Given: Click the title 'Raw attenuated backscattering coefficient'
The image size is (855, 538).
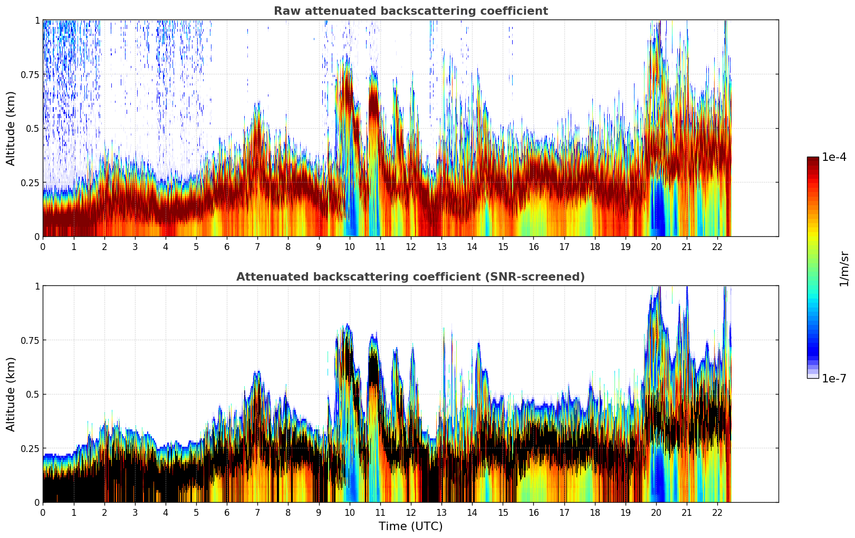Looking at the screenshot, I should click(410, 11).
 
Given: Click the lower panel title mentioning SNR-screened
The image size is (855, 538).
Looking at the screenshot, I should click(410, 277).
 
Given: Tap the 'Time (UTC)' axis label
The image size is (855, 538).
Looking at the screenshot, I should click(410, 526).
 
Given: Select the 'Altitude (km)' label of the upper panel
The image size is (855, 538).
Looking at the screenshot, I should click(11, 128).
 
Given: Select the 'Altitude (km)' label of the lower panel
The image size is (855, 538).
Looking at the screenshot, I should click(11, 394).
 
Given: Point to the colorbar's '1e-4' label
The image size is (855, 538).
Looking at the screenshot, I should click(834, 157).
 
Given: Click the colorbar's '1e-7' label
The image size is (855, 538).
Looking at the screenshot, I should click(834, 379).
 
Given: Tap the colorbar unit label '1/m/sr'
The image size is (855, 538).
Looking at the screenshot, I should click(844, 268).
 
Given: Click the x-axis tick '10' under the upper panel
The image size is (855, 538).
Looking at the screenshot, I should click(349, 247).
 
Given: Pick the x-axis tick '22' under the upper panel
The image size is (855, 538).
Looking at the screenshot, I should click(717, 247).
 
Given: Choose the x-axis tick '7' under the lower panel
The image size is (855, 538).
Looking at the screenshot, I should click(257, 513).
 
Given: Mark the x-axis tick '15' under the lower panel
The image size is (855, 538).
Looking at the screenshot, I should click(503, 513).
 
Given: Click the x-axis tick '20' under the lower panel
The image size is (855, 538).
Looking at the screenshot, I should click(656, 513).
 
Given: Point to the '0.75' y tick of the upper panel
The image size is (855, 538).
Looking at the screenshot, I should click(31, 74).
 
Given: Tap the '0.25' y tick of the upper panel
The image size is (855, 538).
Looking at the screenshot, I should click(31, 182).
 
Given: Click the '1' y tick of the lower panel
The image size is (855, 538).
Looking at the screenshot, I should click(37, 286).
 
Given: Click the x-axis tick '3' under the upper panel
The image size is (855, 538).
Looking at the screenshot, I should click(135, 247).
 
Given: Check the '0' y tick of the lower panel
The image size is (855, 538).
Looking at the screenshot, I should click(37, 502).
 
